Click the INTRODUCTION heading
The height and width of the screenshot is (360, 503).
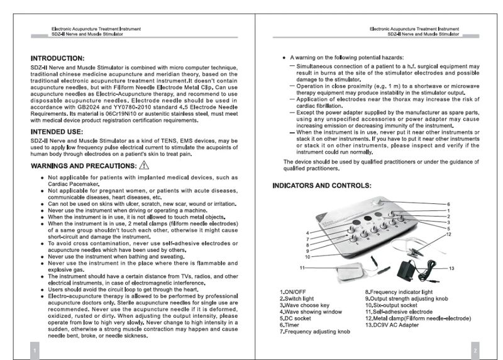tap(58, 58)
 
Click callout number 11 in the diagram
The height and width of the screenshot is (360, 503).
tap(302, 268)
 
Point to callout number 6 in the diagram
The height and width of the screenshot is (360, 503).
tap(448, 205)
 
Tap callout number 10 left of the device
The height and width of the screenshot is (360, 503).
tap(307, 256)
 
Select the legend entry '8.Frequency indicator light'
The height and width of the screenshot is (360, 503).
tap(399, 292)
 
